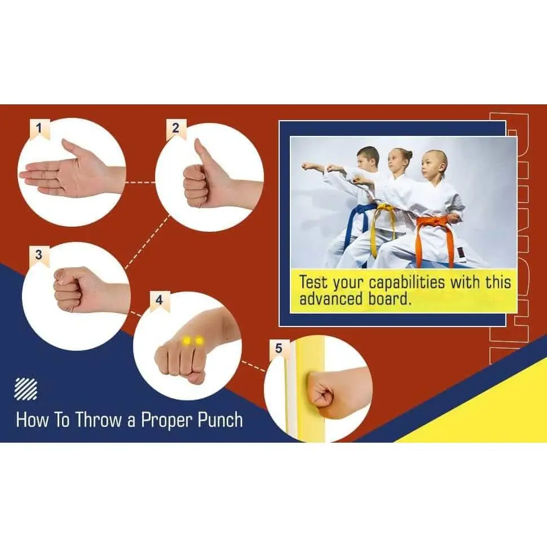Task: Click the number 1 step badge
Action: [x=39, y=129]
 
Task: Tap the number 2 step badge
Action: [x=176, y=129]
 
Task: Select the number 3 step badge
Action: [x=39, y=256]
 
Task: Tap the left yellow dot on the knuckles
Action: [x=187, y=341]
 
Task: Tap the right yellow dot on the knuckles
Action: [x=199, y=341]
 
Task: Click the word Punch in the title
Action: [x=220, y=420]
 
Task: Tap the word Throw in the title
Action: [x=98, y=420]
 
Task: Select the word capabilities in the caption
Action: [x=407, y=283]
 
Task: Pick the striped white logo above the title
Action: [x=26, y=389]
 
